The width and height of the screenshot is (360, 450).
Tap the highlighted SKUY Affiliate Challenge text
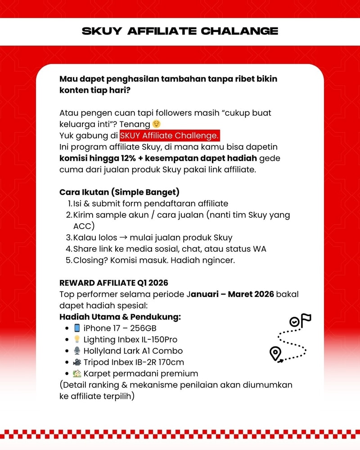point(170,135)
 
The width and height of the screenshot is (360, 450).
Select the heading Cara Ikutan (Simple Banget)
point(119,192)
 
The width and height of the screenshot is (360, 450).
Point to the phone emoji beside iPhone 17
point(77,328)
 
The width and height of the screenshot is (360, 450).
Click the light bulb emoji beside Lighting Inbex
point(77,339)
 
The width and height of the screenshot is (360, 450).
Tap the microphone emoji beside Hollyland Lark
point(77,351)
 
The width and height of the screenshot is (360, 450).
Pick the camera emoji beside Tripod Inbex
point(77,362)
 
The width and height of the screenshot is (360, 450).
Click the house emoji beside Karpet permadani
point(77,373)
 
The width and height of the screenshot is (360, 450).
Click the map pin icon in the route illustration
point(275,353)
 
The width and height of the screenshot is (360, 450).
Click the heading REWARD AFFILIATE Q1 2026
point(114,283)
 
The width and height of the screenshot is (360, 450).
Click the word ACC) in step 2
point(84,226)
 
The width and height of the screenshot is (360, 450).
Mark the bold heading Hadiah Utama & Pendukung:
point(120,317)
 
